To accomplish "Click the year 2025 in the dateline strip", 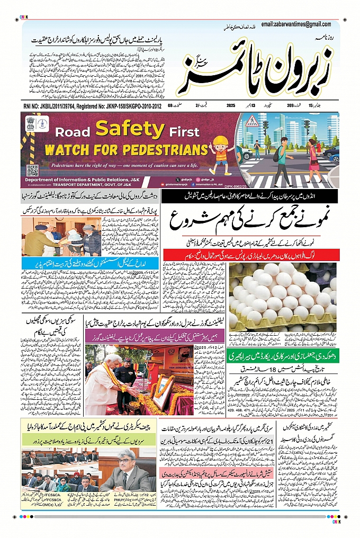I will click(x=230, y=106).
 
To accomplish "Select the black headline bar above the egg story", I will click(x=249, y=198).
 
